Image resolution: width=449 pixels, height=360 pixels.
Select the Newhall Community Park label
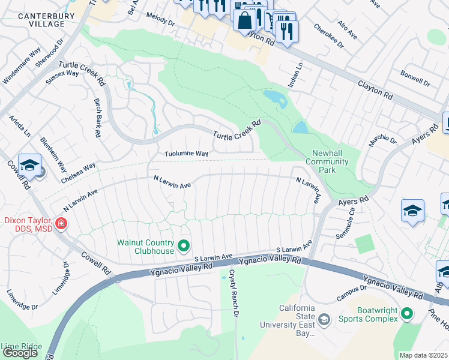click(x=327, y=161)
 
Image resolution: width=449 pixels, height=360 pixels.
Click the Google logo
click(x=20, y=353)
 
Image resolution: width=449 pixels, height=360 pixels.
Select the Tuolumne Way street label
click(x=187, y=154)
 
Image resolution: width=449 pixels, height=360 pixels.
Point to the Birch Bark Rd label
click(x=96, y=118)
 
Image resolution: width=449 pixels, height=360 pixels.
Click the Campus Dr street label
click(x=351, y=289)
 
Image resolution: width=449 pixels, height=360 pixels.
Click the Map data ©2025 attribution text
click(x=423, y=355)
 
